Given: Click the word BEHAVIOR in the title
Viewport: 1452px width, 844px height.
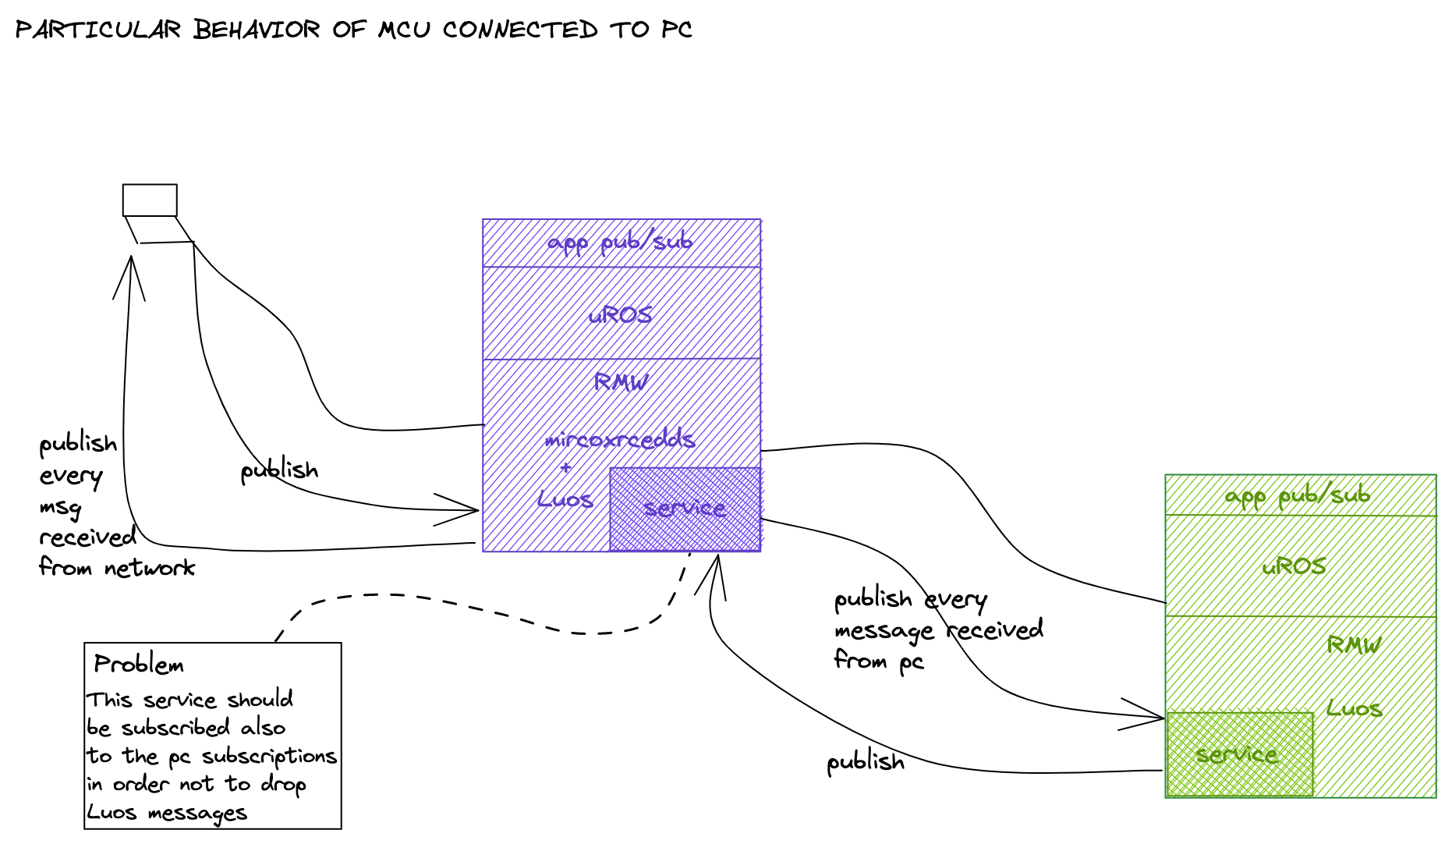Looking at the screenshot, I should pos(257,30).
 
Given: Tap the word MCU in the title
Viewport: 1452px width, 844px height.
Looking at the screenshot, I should pos(404,30).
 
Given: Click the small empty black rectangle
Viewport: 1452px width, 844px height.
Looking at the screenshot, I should pos(150,200).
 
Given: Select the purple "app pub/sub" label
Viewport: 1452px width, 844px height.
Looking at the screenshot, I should pos(620,243).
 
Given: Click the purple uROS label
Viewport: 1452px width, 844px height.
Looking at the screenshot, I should pos(621,315).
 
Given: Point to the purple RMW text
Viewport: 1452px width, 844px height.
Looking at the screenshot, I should pos(621,381).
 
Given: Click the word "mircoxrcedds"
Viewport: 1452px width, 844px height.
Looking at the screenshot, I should pos(620,439).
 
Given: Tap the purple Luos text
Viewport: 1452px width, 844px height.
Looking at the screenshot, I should pos(565,499).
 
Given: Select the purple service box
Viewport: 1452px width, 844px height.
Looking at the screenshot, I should pos(685,509).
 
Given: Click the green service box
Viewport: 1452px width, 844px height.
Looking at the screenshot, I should pos(1239,754).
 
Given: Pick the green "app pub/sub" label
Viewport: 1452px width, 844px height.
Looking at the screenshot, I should pos(1298,495).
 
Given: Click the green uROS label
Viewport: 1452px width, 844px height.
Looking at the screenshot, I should pos(1294,566).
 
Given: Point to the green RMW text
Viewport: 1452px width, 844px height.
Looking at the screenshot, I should pos(1354,645).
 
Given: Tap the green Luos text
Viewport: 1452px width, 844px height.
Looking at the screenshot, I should pos(1355,709).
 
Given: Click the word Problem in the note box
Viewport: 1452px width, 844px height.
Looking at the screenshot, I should pos(139,665).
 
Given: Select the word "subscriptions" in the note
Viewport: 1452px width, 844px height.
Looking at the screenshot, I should pos(269,757).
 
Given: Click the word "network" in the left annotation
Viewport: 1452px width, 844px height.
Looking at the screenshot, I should pos(150,568).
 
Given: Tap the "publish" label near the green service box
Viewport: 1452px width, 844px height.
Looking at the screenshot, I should pos(866,762).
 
